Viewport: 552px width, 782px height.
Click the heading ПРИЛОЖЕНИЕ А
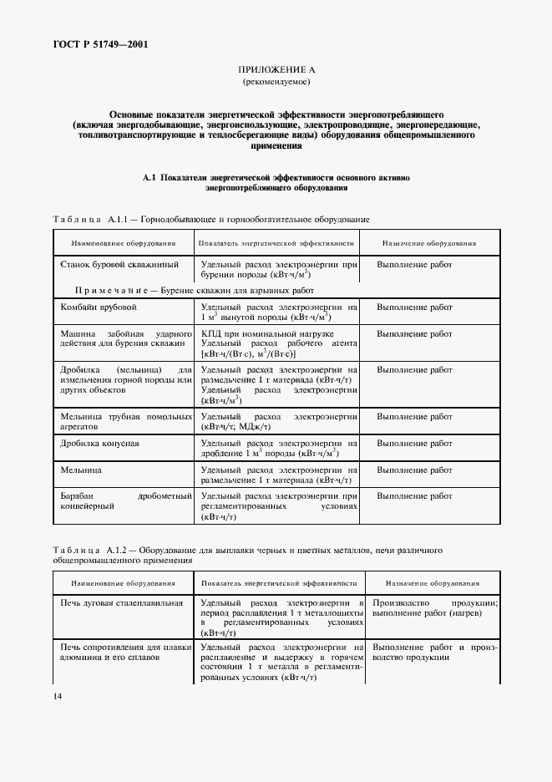click(x=276, y=72)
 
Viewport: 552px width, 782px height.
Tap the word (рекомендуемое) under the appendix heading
click(x=276, y=84)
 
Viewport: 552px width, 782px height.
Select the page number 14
click(x=57, y=696)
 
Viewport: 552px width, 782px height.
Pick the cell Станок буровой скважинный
click(x=119, y=264)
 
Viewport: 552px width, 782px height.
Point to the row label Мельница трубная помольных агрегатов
click(x=123, y=419)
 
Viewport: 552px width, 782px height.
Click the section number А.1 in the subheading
click(x=149, y=177)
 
